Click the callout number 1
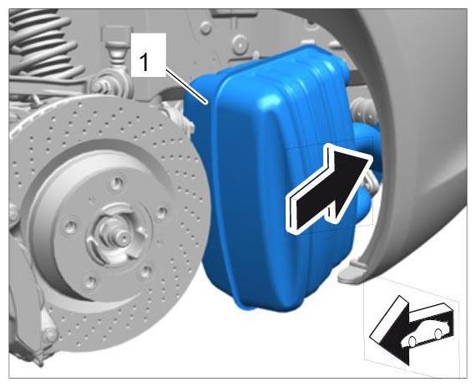pos(144,62)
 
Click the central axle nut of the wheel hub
pos(121,235)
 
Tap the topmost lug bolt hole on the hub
pos(117,183)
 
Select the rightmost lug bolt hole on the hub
pos(161,213)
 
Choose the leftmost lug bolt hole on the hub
pos(70,227)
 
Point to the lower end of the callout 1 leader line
pos(207,104)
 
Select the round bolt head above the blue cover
pos(240,43)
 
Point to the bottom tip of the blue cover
pos(249,308)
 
